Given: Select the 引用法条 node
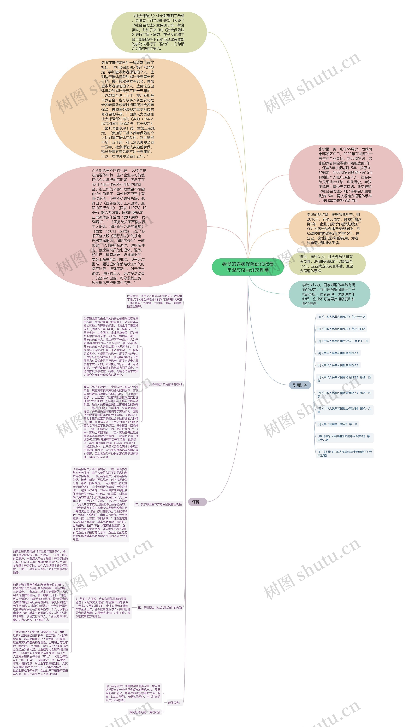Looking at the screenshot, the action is coord(300,385).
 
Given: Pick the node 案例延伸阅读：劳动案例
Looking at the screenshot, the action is coord(145,712).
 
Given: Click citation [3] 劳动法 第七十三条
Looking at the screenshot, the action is coord(343,341).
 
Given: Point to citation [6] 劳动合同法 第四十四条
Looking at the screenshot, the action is coord(344,379).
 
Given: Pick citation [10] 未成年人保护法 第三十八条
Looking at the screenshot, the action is coord(344,438).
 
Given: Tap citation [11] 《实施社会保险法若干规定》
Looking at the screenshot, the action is coord(344,453).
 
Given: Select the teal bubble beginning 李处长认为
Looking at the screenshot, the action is coord(329,294).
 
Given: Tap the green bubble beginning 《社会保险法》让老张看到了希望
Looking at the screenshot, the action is coord(159,32).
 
